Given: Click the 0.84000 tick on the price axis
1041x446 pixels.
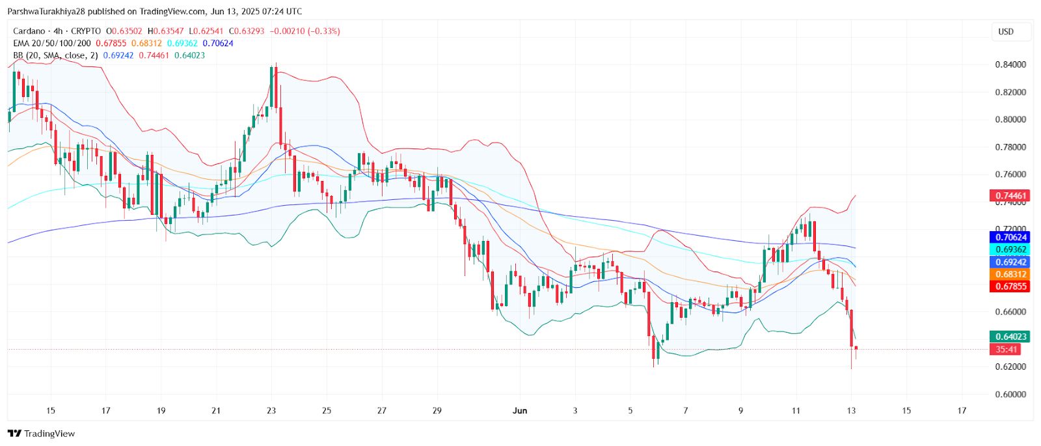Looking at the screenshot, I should coord(1010,64).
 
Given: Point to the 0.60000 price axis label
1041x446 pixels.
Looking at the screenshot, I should coord(1010,394).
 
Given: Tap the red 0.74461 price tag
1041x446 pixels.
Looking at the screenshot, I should coord(1009,195).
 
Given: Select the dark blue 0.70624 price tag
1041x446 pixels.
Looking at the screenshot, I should coord(1009,238).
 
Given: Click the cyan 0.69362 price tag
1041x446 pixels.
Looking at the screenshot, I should coord(1009,250).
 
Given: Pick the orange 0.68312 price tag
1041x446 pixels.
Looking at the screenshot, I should coord(1009,274).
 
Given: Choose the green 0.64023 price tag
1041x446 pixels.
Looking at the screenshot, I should coord(1009,337).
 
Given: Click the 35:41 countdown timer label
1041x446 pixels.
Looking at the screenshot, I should coord(1006,350).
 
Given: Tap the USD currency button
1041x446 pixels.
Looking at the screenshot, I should coord(1006,31).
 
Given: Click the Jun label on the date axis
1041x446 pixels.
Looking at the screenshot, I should coord(520,410).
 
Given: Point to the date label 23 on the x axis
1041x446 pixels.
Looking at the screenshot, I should coord(271,410).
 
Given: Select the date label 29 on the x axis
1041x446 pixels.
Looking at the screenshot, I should coord(437,410).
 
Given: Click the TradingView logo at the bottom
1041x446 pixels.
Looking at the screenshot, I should coord(42,434).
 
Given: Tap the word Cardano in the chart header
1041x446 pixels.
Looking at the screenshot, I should coord(29,31).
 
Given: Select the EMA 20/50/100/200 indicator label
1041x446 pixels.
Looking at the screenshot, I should coord(52,43).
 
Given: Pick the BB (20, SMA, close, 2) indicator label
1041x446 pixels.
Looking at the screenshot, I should coord(55,55).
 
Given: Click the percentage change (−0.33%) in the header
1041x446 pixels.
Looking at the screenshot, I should coord(323,31).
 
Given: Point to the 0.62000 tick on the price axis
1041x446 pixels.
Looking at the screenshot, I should coord(1010,367).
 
